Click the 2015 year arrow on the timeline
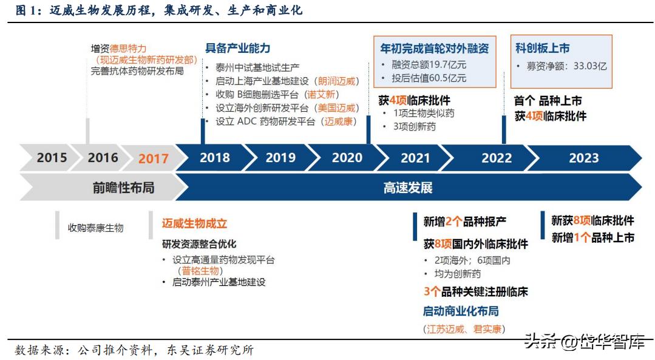[52, 158]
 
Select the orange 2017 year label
[153, 158]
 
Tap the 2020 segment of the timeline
[347, 158]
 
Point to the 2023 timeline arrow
[583, 158]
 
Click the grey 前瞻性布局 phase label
[123, 188]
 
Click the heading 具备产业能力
[237, 49]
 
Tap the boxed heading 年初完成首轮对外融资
[434, 48]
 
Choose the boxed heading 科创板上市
[543, 48]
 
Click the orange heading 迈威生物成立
[194, 223]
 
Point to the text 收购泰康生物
[95, 228]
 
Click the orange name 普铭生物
[200, 271]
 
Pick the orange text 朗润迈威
[338, 81]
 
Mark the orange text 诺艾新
[322, 94]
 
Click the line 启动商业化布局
[461, 311]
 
